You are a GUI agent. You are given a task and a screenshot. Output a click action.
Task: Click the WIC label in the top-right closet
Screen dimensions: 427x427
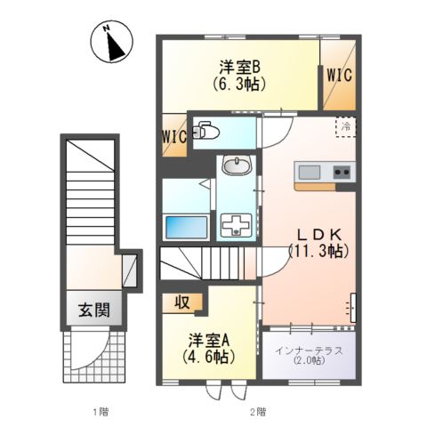(x=338, y=76)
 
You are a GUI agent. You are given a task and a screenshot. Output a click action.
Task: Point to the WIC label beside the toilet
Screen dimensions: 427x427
(x=174, y=136)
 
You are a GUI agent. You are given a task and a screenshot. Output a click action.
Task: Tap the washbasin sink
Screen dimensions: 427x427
(x=236, y=166)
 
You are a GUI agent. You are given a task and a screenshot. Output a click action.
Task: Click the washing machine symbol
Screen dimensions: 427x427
(x=235, y=226)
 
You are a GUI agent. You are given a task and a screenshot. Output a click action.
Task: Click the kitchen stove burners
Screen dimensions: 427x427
(x=342, y=172)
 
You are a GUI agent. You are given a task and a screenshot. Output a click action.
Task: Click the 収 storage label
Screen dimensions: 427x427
(x=181, y=302)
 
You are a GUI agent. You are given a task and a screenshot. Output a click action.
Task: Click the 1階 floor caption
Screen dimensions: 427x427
(x=100, y=411)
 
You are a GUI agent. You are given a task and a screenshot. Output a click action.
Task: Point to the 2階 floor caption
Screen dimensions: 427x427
(x=256, y=411)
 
